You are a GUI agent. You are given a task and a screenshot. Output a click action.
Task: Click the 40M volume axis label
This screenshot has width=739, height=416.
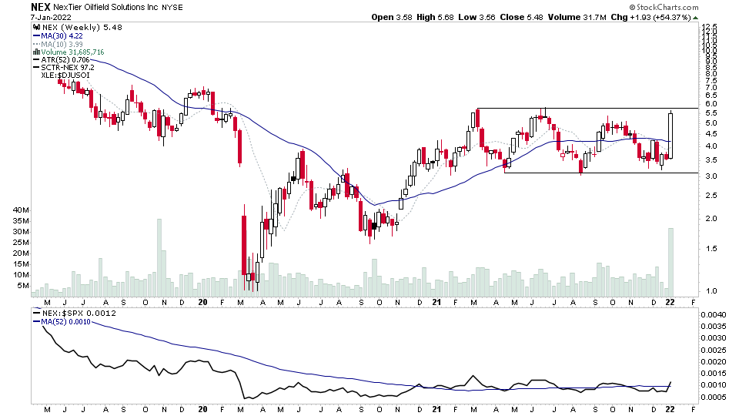[x=20, y=210]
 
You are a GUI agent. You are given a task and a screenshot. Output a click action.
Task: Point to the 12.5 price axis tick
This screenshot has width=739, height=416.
[x=709, y=27]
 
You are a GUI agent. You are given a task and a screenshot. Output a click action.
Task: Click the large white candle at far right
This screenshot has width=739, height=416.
[x=671, y=136]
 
